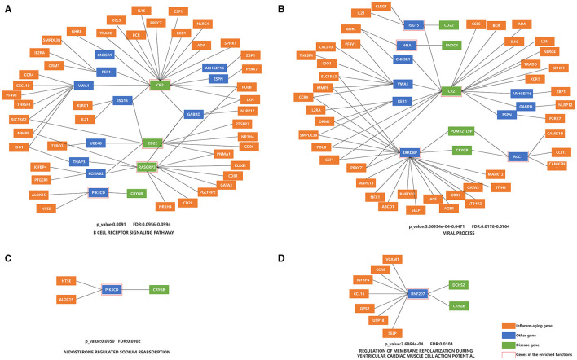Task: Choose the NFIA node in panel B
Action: pyautogui.click(x=405, y=45)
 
